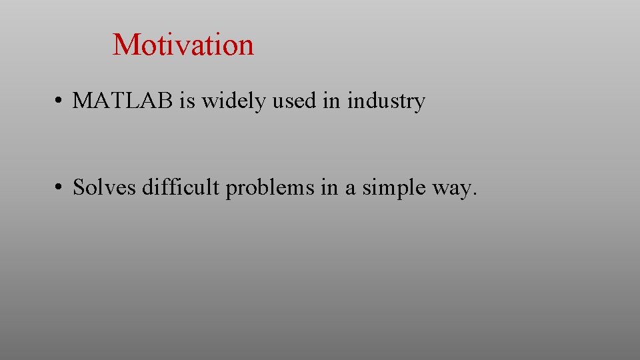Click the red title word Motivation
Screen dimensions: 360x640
183,45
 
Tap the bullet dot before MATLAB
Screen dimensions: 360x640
59,102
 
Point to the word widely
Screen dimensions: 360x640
226,102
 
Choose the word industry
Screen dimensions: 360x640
386,102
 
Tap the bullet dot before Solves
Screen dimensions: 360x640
59,189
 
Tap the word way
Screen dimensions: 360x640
451,190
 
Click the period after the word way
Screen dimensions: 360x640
475,195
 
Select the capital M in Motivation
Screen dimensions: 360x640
125,45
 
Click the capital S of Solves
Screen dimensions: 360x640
78,188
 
